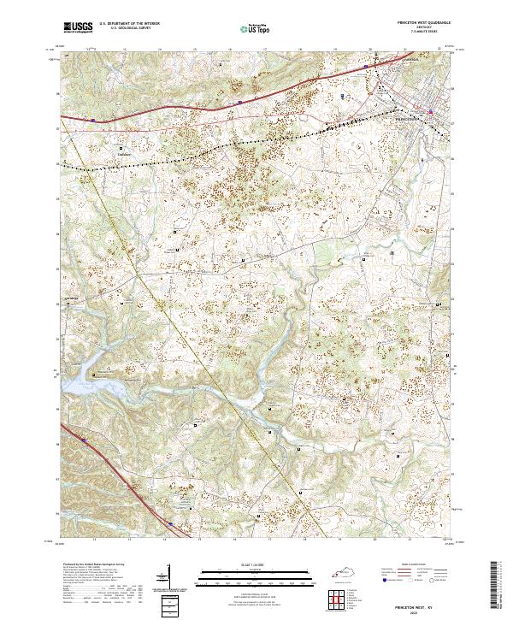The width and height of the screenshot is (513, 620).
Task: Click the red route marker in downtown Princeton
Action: (x=432, y=110)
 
